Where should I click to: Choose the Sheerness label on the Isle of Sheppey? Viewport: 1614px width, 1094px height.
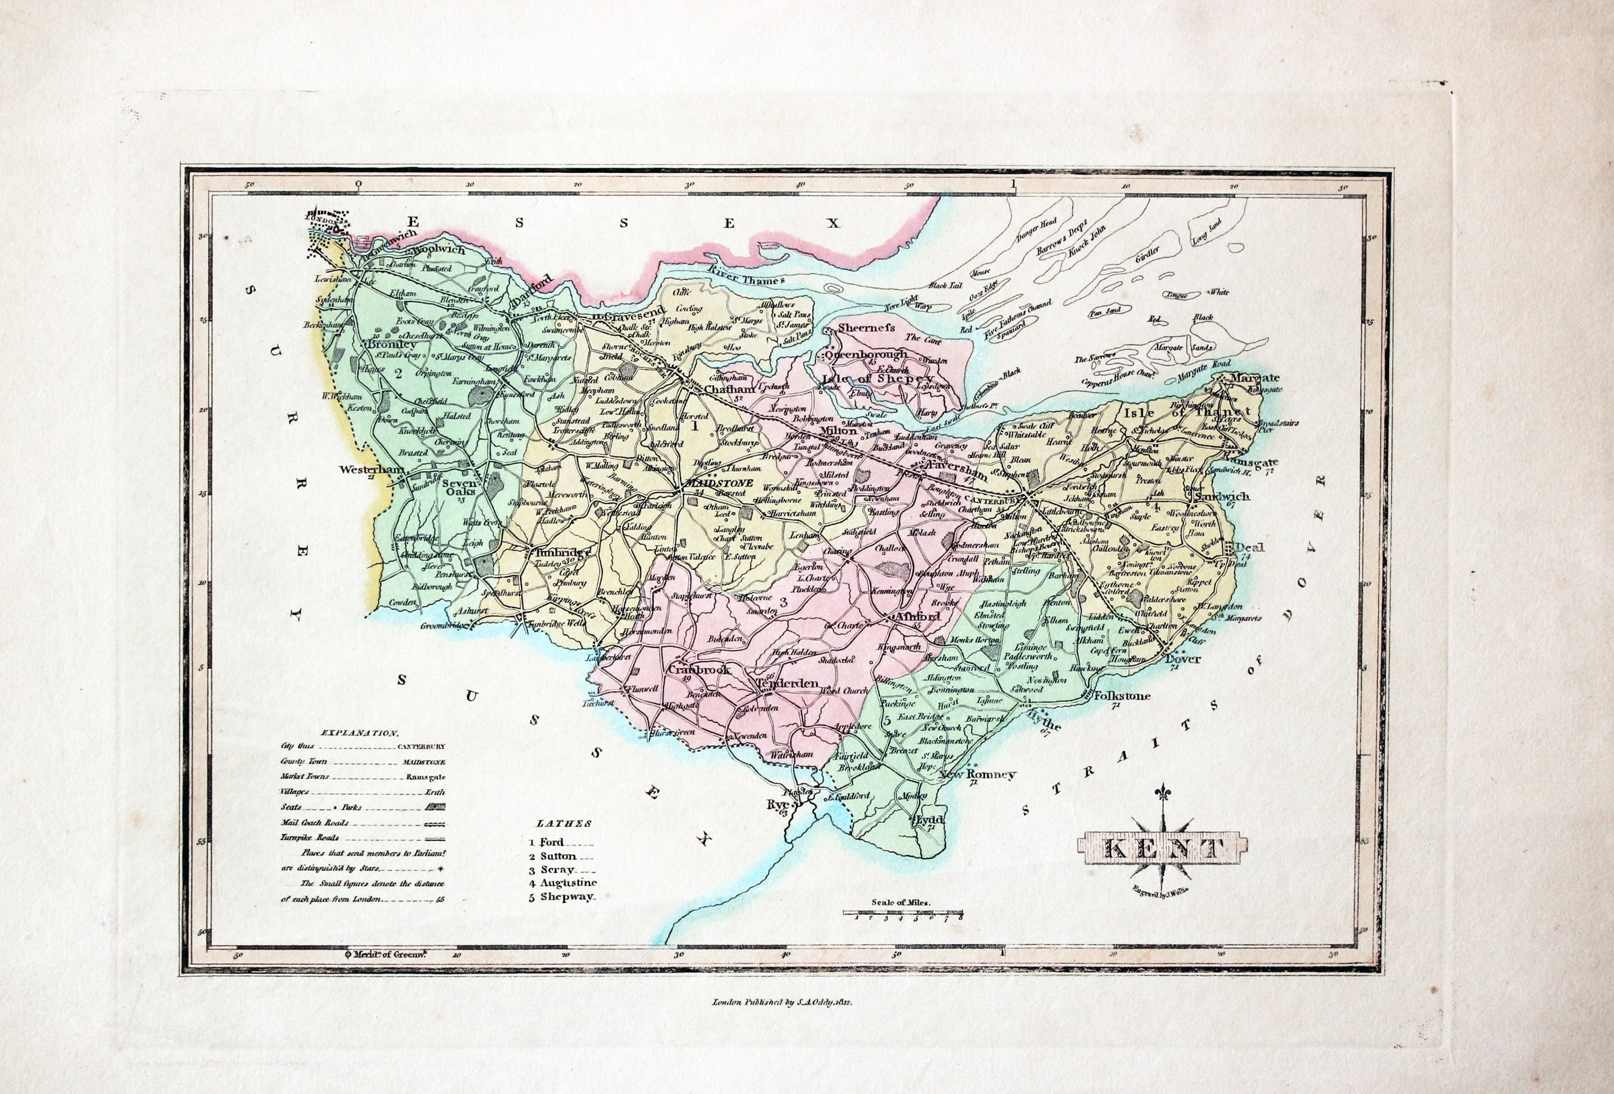tap(867, 327)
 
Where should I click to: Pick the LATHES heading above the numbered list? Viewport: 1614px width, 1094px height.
tap(563, 824)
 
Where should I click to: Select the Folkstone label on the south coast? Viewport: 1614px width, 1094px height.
tap(1122, 696)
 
